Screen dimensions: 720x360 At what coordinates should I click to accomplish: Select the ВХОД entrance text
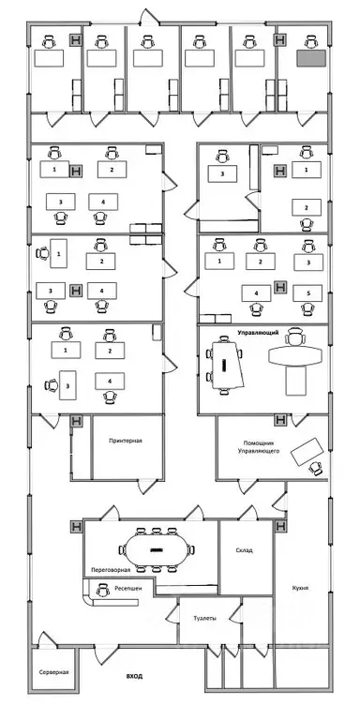pos(138,674)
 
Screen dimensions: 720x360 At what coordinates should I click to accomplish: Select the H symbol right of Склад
pos(280,527)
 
